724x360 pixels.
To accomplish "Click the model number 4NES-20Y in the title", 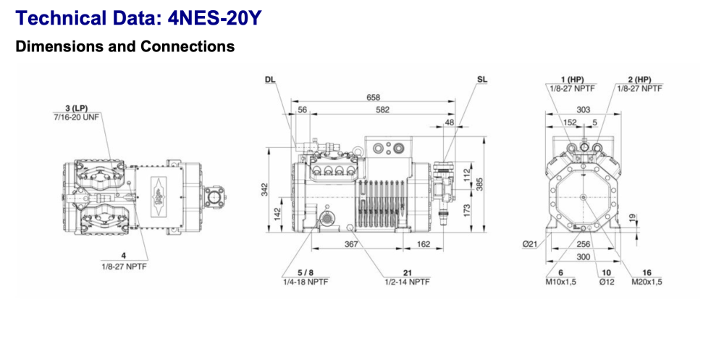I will [x=209, y=18].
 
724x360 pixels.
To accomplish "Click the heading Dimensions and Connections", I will [x=125, y=46].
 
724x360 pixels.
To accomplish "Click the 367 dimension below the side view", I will [x=351, y=244].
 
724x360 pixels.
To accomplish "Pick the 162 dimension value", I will [x=424, y=244].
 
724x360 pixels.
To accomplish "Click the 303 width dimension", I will [x=584, y=110].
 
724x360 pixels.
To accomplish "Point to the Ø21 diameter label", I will [x=530, y=244].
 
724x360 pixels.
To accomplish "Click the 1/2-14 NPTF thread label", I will [x=407, y=282].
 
